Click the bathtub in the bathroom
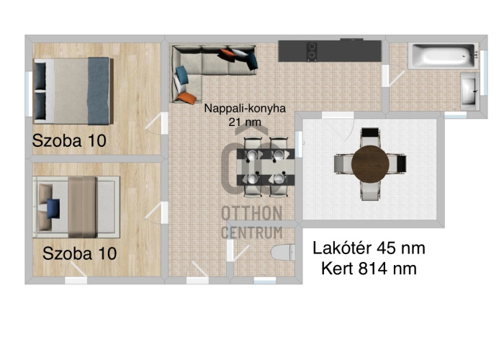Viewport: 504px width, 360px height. [443, 56]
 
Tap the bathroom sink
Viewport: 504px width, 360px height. [470, 91]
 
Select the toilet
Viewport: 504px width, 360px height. [283, 252]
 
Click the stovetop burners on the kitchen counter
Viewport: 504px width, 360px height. [312, 51]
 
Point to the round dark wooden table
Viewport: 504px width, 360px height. [370, 164]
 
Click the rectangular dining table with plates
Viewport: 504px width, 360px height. [266, 167]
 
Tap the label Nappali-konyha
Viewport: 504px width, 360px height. [245, 108]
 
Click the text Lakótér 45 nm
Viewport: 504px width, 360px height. [369, 248]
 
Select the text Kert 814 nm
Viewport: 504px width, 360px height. [369, 269]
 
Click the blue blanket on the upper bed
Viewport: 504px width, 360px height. [99, 91]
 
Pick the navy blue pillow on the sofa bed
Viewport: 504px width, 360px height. [53, 209]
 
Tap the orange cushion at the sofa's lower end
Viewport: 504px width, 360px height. [186, 98]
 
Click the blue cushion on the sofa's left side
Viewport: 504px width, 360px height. [182, 75]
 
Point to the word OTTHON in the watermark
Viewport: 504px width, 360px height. [252, 213]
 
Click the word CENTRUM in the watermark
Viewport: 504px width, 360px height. [252, 233]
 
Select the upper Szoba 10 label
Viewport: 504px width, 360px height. [69, 141]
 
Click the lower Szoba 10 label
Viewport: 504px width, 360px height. [79, 253]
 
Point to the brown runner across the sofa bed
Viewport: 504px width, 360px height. [82, 207]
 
